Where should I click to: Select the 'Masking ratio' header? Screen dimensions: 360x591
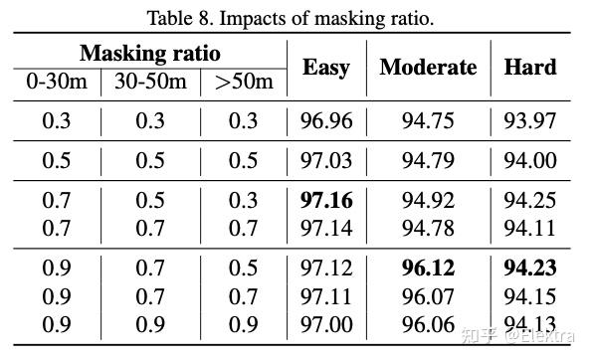coord(149,53)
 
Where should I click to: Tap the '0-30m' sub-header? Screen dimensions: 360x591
coord(55,83)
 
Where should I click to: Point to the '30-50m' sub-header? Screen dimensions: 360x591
coord(149,83)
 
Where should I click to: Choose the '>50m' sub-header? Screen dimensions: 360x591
coord(243,83)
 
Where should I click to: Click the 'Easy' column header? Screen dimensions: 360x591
coord(326,67)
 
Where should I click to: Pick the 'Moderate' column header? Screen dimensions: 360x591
coord(428,67)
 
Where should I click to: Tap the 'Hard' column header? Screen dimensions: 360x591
coord(530,67)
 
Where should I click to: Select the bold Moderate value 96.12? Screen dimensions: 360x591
coord(428,268)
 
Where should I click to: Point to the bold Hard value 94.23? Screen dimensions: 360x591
coord(530,268)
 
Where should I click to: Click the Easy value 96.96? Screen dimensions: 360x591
coord(326,121)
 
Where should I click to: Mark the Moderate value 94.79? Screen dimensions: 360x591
coord(428,160)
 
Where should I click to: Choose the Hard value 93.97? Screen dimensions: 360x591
coord(530,121)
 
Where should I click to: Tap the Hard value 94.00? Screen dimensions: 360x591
coord(530,160)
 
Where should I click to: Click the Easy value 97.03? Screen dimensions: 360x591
coord(326,160)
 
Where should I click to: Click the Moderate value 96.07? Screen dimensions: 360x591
coord(428,296)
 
